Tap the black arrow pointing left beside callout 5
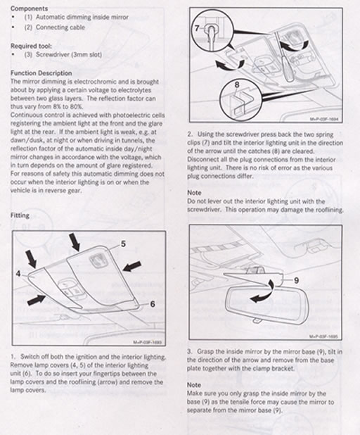(131, 266)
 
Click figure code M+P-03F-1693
(150, 343)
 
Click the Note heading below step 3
(195, 384)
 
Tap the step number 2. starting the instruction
(191, 134)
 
